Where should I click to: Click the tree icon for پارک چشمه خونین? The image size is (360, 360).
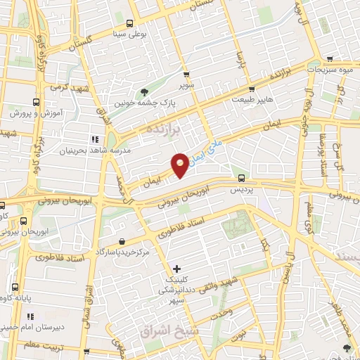145,91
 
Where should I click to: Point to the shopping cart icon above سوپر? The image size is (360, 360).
186,75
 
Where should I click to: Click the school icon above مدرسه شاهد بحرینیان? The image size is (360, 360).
94,139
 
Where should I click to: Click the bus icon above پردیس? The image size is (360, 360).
241,178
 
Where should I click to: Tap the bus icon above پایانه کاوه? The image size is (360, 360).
17,287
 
